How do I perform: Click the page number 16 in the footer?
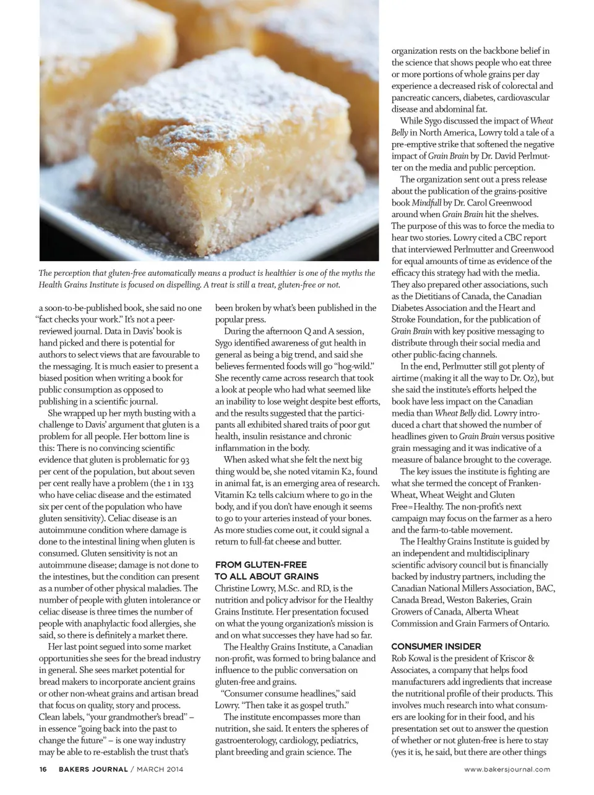click(x=43, y=769)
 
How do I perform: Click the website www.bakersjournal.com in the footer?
click(x=507, y=769)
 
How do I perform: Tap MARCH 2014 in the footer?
click(x=160, y=769)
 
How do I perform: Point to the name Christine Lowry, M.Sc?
click(x=256, y=588)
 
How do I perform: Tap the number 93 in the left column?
click(x=183, y=460)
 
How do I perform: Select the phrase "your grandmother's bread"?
click(x=131, y=717)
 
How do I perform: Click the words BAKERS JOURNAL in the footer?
click(x=93, y=769)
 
